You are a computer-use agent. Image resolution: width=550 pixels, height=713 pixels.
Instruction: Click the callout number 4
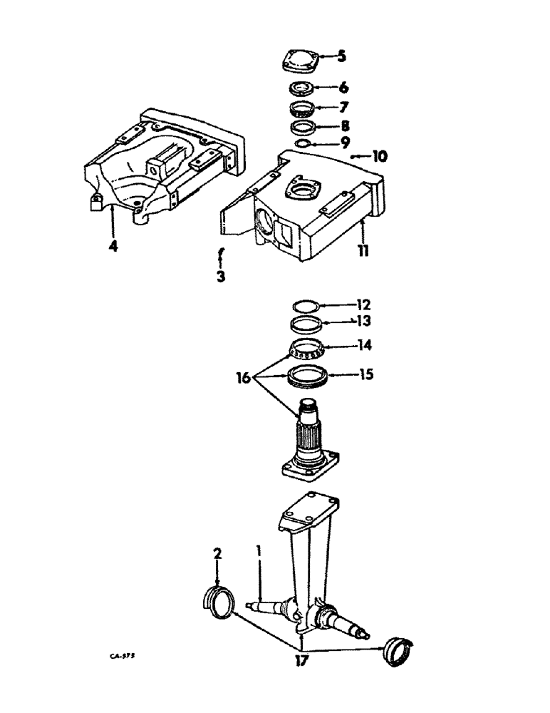(x=113, y=247)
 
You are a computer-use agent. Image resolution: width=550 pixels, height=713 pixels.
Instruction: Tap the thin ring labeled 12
(x=306, y=307)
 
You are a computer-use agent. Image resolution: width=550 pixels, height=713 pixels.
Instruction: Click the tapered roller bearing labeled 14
(x=307, y=349)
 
